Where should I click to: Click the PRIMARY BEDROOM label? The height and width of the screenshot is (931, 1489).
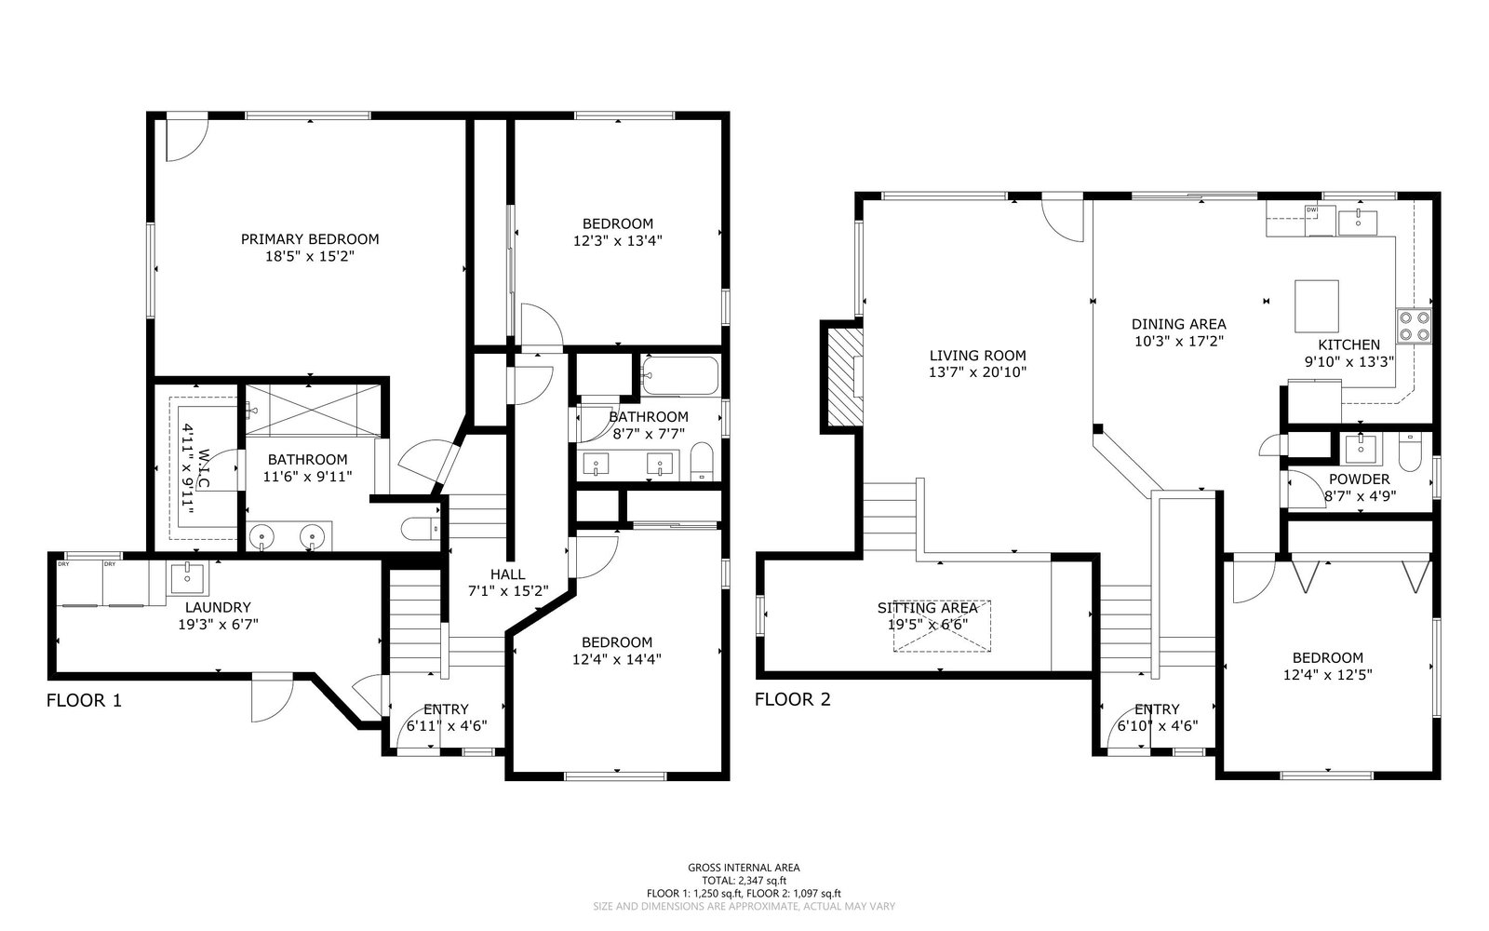(x=310, y=239)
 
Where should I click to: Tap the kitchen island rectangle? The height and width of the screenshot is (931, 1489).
(x=1316, y=306)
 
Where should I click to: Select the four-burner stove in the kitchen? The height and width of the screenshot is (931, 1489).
(x=1414, y=326)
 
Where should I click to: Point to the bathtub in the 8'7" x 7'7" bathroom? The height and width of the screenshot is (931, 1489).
(x=680, y=376)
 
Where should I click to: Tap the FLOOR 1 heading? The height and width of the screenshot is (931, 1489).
(x=85, y=700)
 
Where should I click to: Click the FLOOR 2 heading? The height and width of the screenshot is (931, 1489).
(x=792, y=699)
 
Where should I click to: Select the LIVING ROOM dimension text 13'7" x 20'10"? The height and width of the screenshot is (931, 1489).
(x=977, y=372)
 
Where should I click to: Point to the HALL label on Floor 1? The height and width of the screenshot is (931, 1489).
(x=508, y=573)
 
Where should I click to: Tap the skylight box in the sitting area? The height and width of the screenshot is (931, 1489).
(x=942, y=626)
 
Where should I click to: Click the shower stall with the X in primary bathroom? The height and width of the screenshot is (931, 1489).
(x=310, y=411)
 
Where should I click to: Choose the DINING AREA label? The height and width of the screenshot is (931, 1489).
(x=1178, y=324)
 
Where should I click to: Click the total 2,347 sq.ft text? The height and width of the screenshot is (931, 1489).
(x=744, y=881)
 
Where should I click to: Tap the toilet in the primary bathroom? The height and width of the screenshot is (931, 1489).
(x=421, y=530)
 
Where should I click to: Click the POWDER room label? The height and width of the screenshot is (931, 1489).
(x=1360, y=479)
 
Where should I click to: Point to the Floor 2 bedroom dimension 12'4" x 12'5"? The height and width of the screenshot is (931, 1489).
(x=1327, y=674)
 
